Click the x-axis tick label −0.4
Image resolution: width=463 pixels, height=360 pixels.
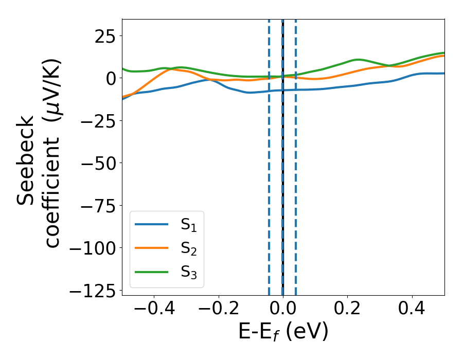tap(153, 309)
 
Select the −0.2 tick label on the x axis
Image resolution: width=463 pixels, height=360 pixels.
tap(218, 309)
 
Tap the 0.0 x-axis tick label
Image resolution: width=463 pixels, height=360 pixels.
tap(283, 309)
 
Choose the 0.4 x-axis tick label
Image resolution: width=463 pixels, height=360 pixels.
tap(412, 309)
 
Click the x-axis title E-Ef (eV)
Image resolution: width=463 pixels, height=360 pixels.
tap(283, 332)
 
